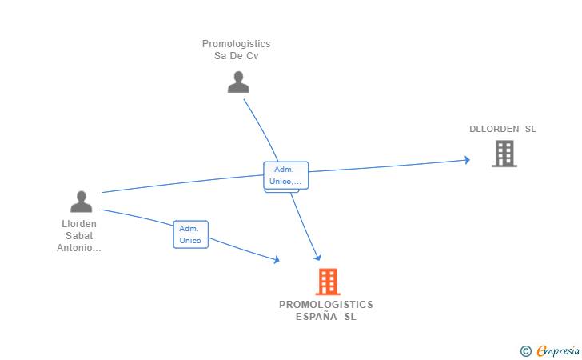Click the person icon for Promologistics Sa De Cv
coord(238,82)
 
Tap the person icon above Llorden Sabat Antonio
coord(81,202)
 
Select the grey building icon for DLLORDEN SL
coord(504,154)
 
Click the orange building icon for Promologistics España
coord(327,282)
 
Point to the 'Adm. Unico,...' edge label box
coord(285,175)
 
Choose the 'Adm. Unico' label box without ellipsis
coord(190,234)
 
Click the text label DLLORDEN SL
coord(503,129)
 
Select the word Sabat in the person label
coord(79,236)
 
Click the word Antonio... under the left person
coord(79,248)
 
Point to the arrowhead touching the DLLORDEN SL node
coord(467,160)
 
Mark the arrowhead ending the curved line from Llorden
coord(277,259)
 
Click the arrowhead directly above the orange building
coord(317,257)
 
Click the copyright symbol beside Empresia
coord(525,350)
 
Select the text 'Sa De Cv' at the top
coord(236,56)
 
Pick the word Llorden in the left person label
coord(79,224)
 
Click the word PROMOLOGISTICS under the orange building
coord(326,305)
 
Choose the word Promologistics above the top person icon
coord(236,44)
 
